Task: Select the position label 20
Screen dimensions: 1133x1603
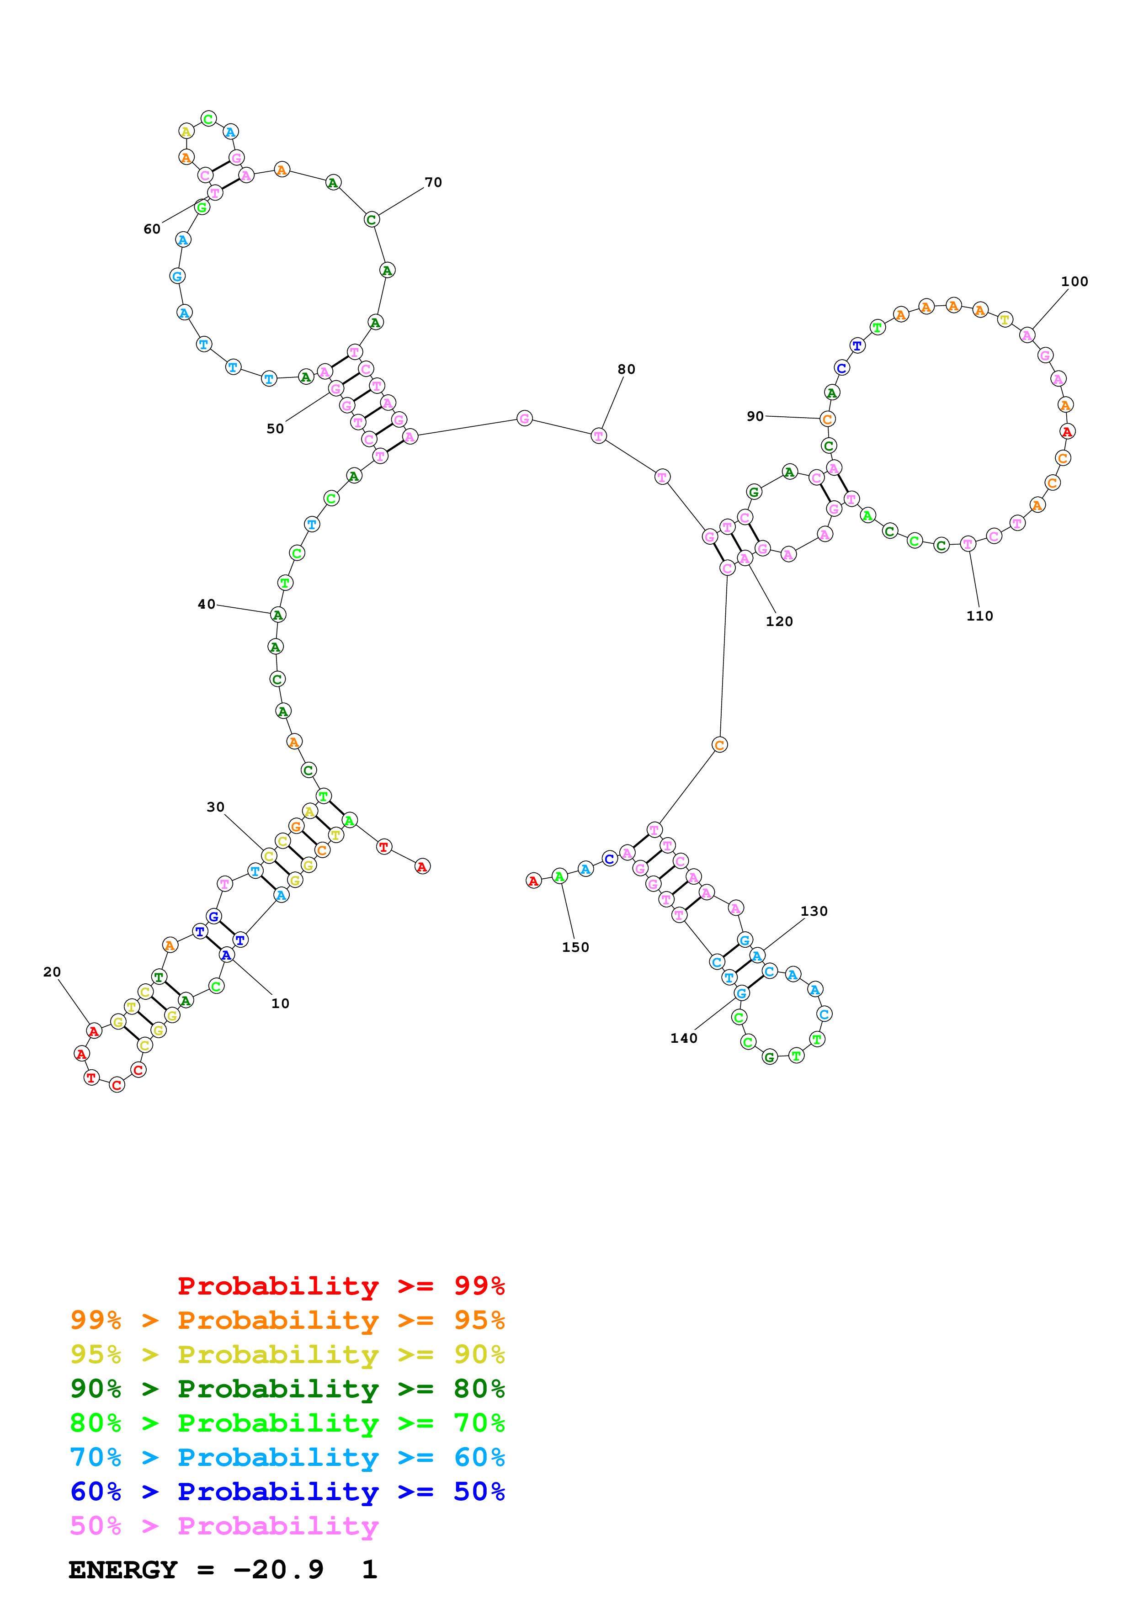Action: (x=52, y=972)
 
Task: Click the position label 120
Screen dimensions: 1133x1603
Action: (x=779, y=621)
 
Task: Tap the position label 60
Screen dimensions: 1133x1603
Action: (x=151, y=229)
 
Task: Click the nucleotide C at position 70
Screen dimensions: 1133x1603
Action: (x=372, y=219)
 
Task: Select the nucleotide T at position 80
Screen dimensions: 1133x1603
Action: (x=598, y=435)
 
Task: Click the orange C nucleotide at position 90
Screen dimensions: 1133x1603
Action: (x=827, y=419)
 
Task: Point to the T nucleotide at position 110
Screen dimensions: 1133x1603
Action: (x=968, y=543)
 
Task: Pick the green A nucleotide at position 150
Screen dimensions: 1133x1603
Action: (x=559, y=876)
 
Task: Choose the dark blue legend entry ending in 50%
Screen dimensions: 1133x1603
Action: (x=287, y=1492)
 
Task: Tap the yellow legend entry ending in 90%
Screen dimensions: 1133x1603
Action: (x=287, y=1354)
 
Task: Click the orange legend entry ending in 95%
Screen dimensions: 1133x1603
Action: (x=287, y=1320)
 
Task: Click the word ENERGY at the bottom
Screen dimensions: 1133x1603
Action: (x=123, y=1570)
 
